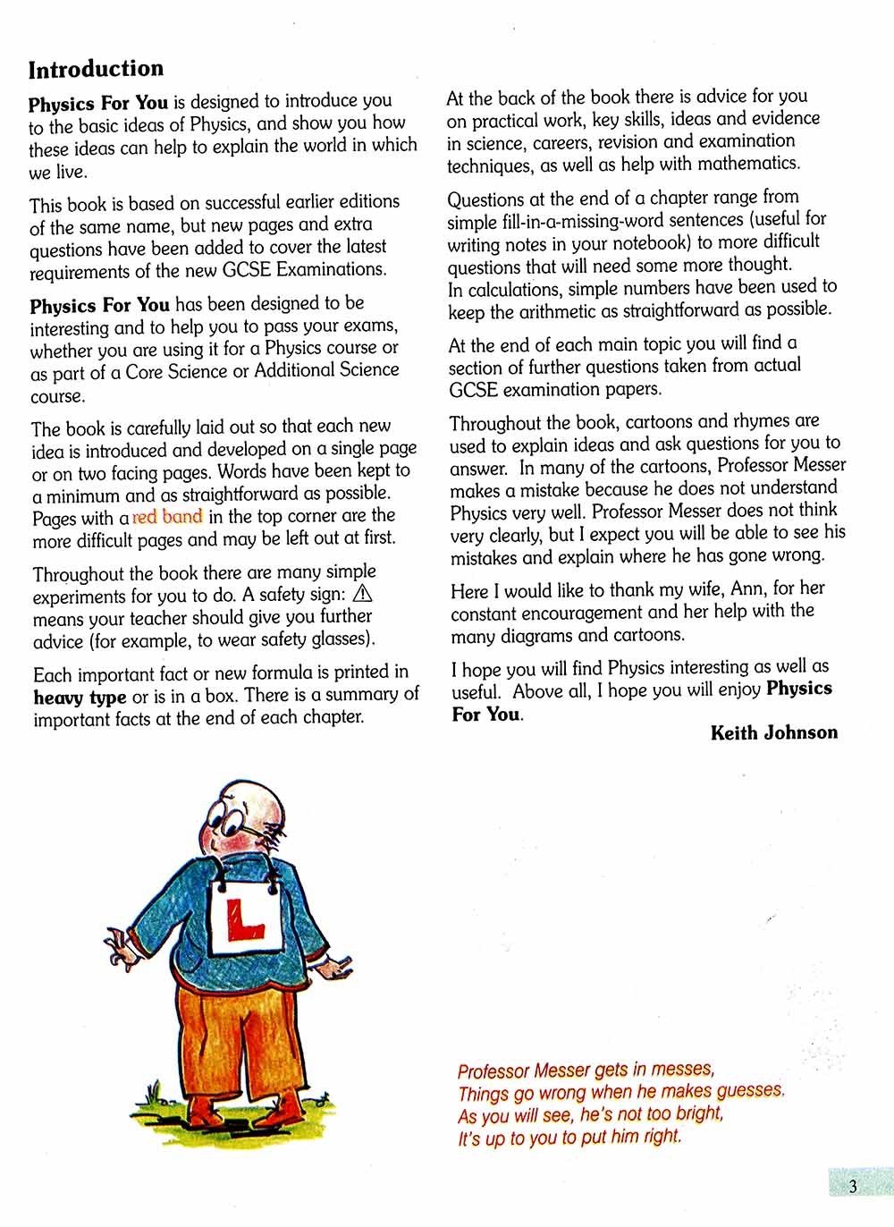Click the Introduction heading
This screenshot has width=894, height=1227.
click(96, 70)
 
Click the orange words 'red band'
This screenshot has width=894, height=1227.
click(167, 517)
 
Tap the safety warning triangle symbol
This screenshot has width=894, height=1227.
click(363, 594)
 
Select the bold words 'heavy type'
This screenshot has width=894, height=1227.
click(80, 697)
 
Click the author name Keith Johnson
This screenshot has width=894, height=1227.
click(773, 733)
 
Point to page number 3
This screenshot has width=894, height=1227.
click(852, 1187)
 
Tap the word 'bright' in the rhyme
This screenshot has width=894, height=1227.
click(698, 1114)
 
